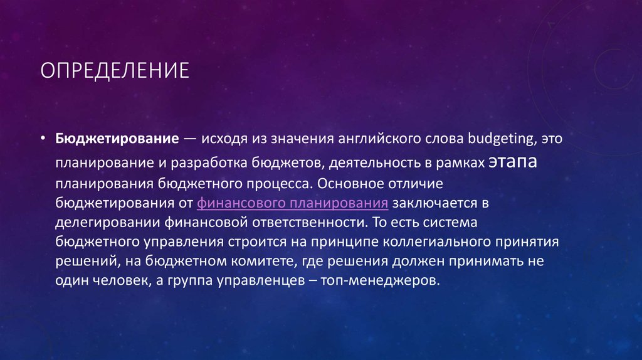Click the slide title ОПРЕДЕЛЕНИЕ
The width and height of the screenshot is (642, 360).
tap(115, 70)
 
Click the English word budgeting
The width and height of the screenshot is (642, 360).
tap(493, 139)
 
